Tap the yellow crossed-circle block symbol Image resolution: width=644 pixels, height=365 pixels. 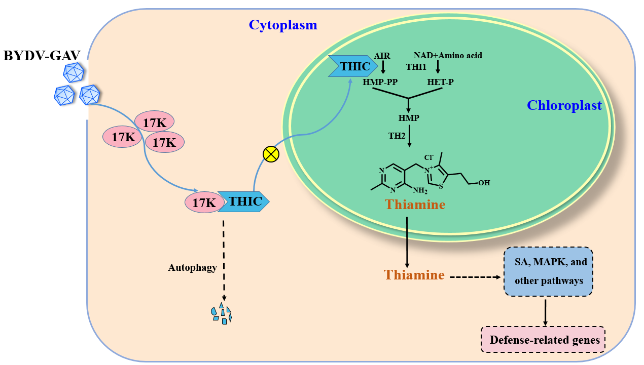point(271,154)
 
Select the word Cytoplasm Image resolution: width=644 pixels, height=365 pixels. point(283,25)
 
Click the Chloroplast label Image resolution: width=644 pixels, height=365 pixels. point(564,105)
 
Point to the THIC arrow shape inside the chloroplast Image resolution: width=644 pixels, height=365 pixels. point(353,66)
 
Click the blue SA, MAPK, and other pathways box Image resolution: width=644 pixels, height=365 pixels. point(549,271)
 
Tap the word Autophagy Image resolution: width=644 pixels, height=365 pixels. point(193,267)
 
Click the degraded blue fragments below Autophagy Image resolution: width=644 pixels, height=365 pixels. point(222,313)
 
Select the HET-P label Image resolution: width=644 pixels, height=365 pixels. point(439,80)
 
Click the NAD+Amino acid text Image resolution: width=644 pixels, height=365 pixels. point(447,55)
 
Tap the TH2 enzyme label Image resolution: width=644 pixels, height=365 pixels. point(397,136)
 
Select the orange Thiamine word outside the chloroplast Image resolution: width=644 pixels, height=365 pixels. point(414,275)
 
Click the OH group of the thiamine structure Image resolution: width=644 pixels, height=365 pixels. point(484,182)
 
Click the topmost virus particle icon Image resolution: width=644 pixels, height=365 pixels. point(73,72)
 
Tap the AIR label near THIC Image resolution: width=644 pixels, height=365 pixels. point(382,55)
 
